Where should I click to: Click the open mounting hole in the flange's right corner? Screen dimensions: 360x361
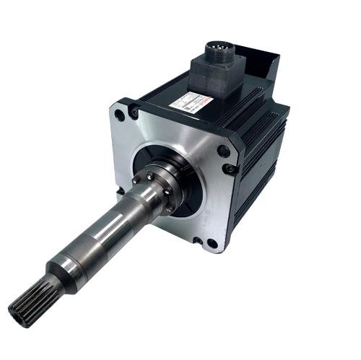coord(224,152)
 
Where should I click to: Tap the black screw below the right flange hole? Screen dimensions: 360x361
coord(230,170)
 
